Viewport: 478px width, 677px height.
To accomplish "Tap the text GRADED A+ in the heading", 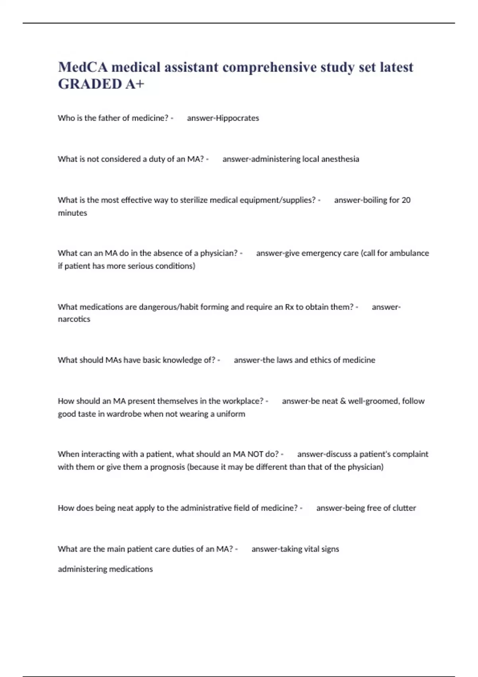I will click(101, 84).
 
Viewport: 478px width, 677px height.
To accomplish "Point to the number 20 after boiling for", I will click(406, 200).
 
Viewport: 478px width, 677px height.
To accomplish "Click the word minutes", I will click(72, 213).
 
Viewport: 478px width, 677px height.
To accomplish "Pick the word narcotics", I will click(74, 319).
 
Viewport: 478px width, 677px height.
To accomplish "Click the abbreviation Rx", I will click(289, 307).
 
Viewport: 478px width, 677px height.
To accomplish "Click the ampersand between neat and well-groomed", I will click(343, 401).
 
